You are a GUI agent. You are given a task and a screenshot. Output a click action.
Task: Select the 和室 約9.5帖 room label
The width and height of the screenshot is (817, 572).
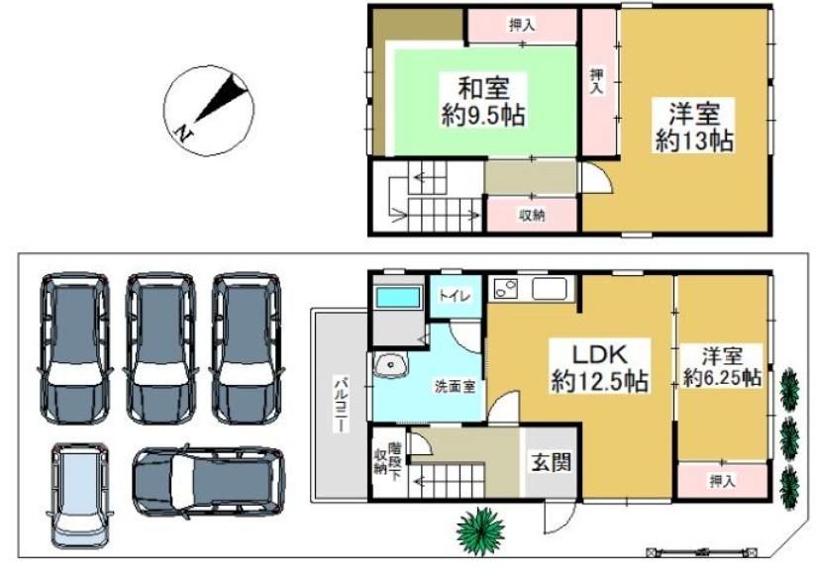tap(483, 101)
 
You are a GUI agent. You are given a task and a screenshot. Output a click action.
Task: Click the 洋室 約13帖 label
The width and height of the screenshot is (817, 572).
tap(694, 128)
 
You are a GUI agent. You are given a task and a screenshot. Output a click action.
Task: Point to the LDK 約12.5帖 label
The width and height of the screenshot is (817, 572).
tap(600, 368)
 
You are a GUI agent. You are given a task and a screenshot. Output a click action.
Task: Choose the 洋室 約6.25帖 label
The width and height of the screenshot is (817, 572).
tap(722, 368)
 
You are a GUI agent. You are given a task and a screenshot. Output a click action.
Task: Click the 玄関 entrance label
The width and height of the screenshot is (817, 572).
tap(551, 462)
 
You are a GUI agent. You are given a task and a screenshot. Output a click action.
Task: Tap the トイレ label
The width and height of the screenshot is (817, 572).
tap(455, 296)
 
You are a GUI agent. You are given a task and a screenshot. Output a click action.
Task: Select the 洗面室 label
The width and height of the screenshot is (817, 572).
tap(455, 387)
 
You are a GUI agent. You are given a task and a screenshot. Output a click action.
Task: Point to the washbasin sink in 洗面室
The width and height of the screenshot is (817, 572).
tap(390, 365)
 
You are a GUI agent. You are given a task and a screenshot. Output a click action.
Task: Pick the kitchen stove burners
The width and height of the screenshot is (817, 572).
tap(506, 289)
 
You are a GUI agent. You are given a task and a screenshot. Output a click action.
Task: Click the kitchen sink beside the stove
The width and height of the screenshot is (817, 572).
tap(550, 288)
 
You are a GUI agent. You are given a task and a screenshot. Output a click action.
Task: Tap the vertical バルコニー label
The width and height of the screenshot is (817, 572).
tap(341, 404)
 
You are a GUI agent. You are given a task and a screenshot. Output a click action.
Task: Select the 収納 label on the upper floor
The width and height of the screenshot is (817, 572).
tap(532, 215)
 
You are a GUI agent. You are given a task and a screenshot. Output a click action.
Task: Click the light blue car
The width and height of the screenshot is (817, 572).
tap(80, 495)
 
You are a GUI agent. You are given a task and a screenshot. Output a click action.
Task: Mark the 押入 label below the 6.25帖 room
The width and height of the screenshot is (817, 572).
tap(722, 481)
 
